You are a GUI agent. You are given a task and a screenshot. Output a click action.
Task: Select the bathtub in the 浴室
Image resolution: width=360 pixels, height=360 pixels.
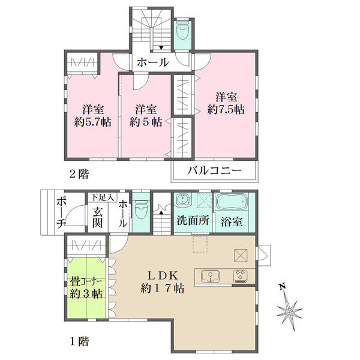click(232, 202)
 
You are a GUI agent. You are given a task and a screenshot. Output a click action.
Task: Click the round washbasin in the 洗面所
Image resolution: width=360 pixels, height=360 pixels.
click(183, 199)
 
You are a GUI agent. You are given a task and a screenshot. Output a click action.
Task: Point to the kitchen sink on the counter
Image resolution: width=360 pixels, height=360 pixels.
click(211, 276)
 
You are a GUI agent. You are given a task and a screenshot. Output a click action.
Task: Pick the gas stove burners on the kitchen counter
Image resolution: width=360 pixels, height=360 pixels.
click(240, 276)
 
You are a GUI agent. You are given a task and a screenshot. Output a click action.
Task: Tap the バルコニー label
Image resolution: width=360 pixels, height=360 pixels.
click(215, 170)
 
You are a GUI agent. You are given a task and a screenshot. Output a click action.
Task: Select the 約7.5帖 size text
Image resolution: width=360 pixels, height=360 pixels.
click(226, 110)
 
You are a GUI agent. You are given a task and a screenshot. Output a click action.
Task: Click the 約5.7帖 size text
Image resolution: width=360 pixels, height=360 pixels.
click(93, 122)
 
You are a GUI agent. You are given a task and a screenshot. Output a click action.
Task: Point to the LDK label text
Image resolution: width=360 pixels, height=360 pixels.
click(163, 275)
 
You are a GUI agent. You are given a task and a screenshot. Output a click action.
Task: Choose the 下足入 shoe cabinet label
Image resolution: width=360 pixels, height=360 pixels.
click(103, 197)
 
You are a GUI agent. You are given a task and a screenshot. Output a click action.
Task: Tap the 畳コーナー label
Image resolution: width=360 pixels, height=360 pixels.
click(86, 281)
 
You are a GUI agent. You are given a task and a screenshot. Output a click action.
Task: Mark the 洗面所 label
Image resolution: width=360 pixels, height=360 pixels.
click(193, 220)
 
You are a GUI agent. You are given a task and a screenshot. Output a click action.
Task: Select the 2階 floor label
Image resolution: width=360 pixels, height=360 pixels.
click(79, 174)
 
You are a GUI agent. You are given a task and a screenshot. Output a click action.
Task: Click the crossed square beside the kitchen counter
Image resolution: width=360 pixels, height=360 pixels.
click(241, 256)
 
